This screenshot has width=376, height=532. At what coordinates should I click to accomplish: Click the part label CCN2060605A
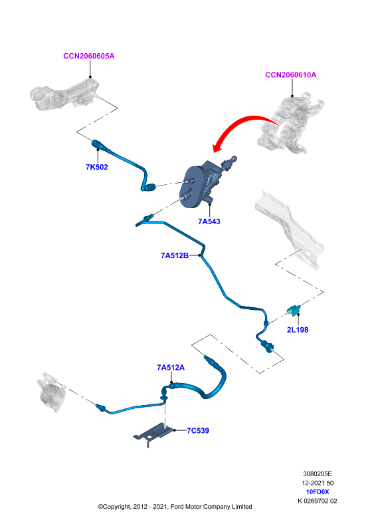pos(89,56)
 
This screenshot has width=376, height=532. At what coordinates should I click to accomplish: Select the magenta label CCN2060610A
pos(290,74)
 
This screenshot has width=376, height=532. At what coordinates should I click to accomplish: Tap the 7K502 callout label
pos(96,167)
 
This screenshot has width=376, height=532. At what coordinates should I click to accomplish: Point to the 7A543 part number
pos(209,221)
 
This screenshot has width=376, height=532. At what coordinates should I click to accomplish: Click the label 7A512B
pos(175,255)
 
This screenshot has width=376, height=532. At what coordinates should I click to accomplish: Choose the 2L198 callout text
pos(298,330)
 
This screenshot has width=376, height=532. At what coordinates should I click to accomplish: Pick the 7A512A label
pos(171,368)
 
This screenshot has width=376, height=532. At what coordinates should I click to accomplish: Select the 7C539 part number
pos(198,430)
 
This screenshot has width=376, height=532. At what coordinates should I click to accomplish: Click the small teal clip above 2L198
pos(294,310)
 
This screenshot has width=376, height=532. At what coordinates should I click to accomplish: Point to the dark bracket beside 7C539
pos(153,434)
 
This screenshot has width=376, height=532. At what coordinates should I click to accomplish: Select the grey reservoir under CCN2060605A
pos(64,95)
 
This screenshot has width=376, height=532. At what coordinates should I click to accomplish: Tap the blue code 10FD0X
pos(318,491)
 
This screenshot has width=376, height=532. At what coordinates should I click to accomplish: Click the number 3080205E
pos(318,473)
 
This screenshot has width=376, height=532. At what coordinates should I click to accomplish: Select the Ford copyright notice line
pos(175,507)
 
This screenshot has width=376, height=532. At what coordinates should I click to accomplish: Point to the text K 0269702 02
pos(318,501)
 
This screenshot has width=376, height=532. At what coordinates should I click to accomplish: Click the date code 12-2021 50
pos(318,483)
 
